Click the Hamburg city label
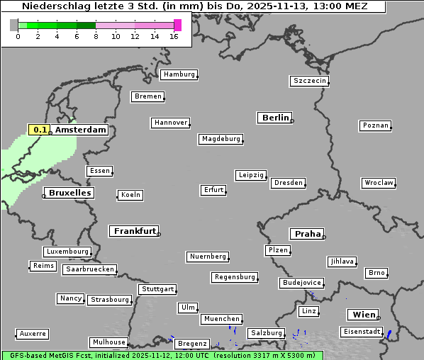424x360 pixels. pos(178,74)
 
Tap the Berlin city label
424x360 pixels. pos(275,118)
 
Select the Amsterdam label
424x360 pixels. pos(80,130)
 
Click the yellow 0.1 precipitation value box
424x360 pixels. pos(40,130)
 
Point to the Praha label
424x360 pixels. pos(307,234)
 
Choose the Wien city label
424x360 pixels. pos(362,315)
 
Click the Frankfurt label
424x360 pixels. pos(135,231)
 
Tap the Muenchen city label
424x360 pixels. pos(222,320)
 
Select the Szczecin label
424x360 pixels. pos(309,81)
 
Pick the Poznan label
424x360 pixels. pos(375,125)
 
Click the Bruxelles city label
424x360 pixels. pos(69,193)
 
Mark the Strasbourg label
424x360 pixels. pos(110,300)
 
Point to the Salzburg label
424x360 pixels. pos(266,333)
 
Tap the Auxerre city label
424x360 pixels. pos(33,333)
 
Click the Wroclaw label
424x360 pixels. pos(378,183)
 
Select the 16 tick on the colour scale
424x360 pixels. pos(175,37)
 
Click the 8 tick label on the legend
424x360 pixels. pos(96,37)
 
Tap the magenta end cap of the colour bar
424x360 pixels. pos(177,25)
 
